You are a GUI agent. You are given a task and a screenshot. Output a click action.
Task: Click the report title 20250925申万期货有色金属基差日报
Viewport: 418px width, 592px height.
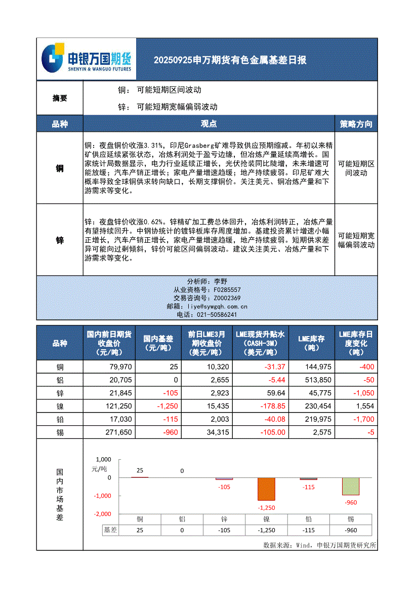pyautogui.click(x=230, y=60)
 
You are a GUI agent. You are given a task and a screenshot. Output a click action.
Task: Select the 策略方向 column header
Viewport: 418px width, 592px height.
pyautogui.click(x=356, y=124)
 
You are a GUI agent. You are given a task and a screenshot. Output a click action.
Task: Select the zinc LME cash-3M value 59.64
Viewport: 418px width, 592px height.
pyautogui.click(x=275, y=393)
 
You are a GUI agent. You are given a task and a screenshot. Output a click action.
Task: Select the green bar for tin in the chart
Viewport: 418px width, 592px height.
pyautogui.click(x=351, y=486)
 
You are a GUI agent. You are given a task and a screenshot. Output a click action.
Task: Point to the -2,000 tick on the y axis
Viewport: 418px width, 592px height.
pyautogui.click(x=102, y=514)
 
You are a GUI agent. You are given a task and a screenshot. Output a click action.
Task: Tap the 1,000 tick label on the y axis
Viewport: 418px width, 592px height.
pyautogui.click(x=103, y=460)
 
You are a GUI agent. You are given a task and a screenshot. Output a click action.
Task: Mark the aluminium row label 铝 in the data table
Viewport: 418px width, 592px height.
pyautogui.click(x=60, y=380)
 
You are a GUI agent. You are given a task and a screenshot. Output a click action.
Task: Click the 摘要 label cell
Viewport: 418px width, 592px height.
pyautogui.click(x=60, y=98)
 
